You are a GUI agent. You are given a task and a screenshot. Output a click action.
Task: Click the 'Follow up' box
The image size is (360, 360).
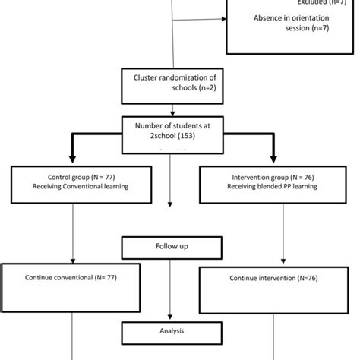coord(171,246)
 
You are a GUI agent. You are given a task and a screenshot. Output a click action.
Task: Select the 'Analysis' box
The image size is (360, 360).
coord(171,331)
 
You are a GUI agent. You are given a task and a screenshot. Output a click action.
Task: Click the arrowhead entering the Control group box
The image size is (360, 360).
coord(72,163)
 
